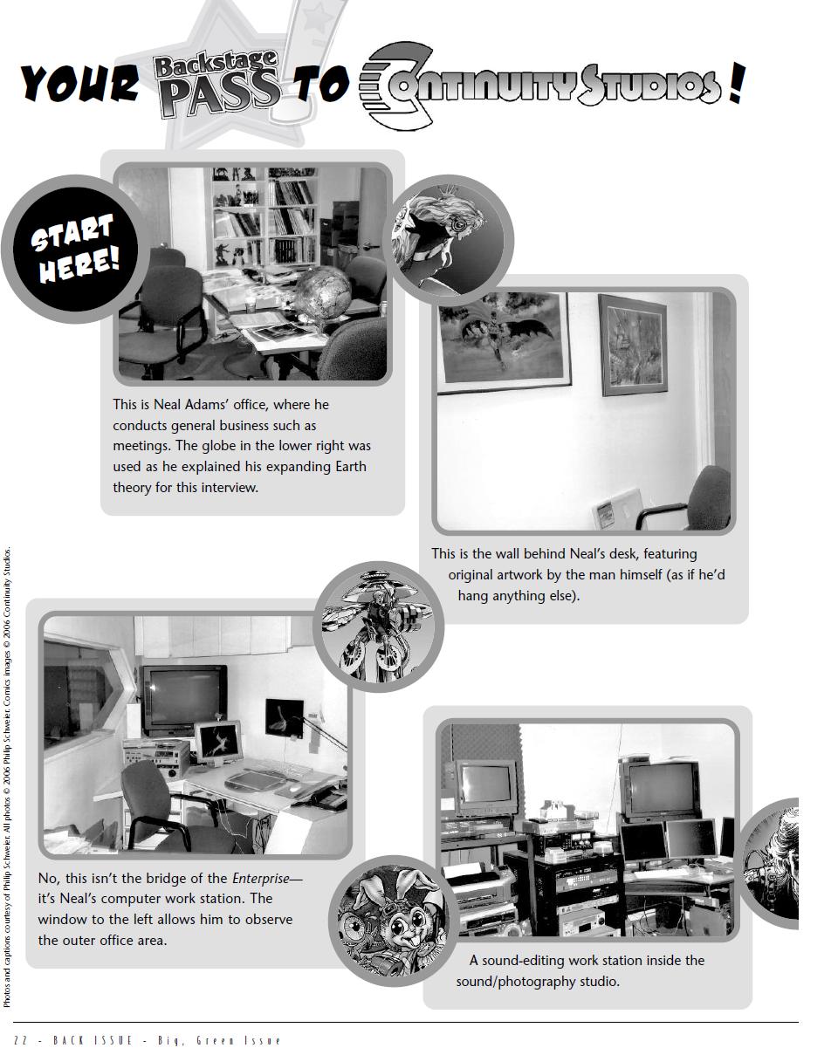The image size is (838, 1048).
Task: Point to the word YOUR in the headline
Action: tap(79, 84)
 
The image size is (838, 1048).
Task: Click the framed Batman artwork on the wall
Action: tap(504, 337)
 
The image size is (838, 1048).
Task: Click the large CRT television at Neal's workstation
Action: tap(184, 698)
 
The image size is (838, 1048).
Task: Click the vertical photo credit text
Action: tap(8, 777)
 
